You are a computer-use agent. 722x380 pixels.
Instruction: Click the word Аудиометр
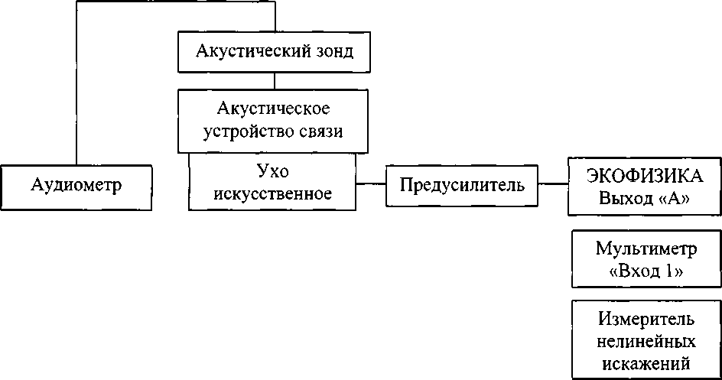coord(76,185)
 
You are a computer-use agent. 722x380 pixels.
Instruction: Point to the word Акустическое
coord(274,109)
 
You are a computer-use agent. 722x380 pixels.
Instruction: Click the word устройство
coord(246,132)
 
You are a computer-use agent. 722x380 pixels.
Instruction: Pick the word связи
coord(318,132)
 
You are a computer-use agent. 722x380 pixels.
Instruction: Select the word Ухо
coord(272,171)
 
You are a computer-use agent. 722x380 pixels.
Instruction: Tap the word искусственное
coord(272,193)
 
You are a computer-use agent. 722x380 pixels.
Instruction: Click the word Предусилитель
coord(462,185)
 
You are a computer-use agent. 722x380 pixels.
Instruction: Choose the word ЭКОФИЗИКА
coord(645,176)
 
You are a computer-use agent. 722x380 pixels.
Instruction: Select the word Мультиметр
coord(646,248)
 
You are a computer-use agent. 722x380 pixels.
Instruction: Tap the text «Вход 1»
coord(646,271)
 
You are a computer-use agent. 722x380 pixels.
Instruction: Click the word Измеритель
coord(646,318)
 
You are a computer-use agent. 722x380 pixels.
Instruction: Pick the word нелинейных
coord(646,341)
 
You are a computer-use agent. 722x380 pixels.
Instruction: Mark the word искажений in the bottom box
coord(646,363)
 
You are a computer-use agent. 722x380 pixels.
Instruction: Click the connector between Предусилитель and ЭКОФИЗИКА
coord(553,184)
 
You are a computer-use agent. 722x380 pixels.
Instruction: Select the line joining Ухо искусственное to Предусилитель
coord(371,184)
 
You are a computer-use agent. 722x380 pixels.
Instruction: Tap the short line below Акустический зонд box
coord(275,81)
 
